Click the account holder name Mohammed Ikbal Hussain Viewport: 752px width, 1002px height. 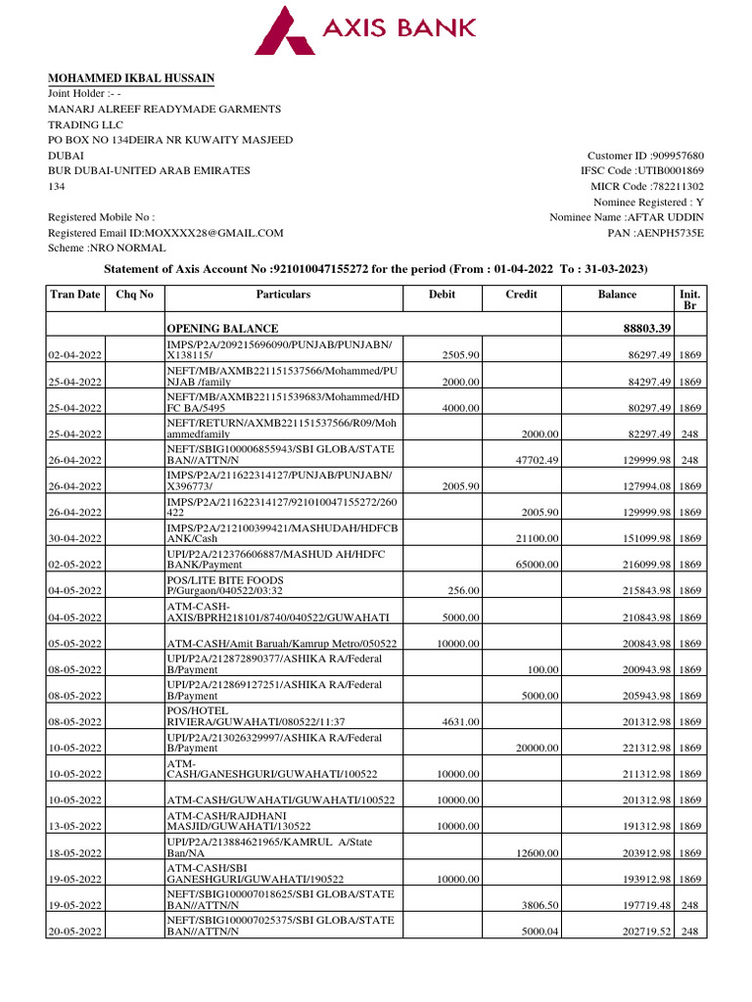tap(132, 78)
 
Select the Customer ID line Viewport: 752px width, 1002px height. tap(645, 156)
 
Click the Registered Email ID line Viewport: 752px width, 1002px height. tap(165, 234)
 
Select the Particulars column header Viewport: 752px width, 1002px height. tap(283, 295)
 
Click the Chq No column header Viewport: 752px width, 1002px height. tap(135, 295)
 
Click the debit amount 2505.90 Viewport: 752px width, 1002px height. tap(461, 354)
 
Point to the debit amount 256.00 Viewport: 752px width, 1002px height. tap(465, 592)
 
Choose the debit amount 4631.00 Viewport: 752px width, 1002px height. tap(461, 723)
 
